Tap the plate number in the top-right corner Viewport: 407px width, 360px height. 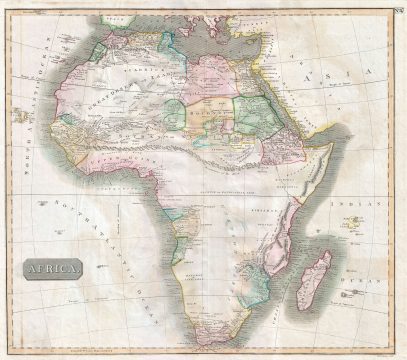(x=398, y=10)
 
